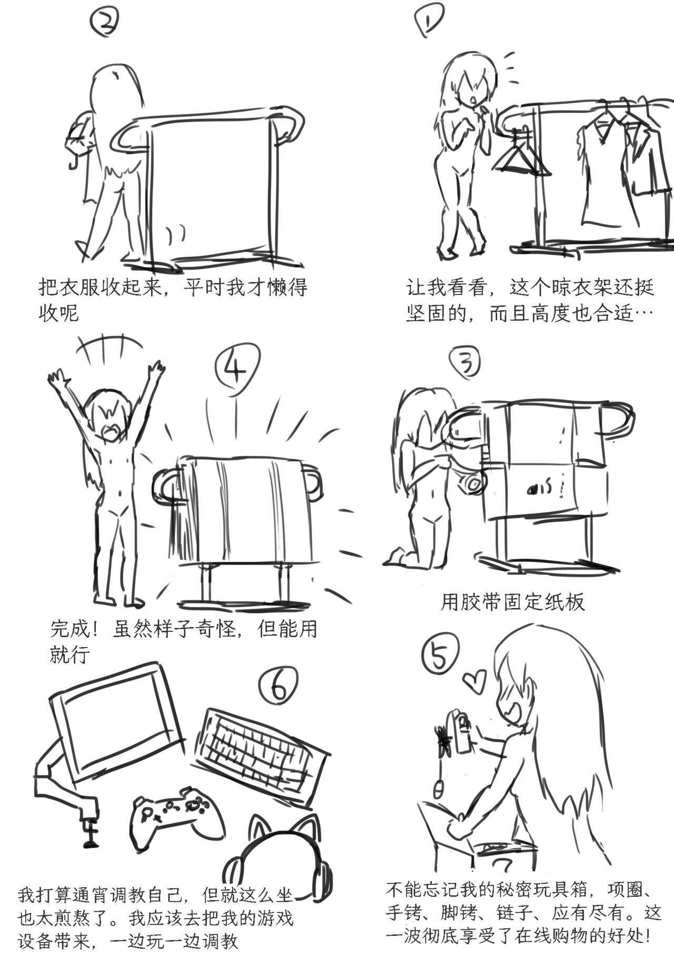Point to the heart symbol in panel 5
tap(475, 681)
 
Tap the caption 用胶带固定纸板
tap(512, 602)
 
